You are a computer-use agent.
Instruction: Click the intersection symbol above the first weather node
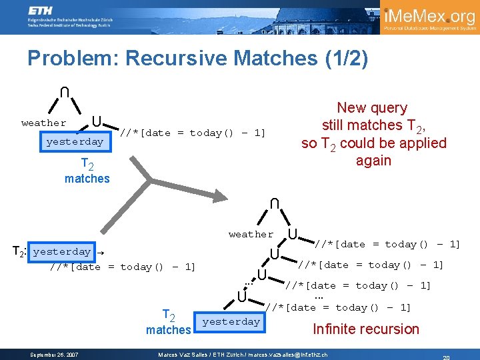[61, 91]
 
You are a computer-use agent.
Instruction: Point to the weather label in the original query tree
[44, 123]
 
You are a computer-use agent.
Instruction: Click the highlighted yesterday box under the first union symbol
[75, 142]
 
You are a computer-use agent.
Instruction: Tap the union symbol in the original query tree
[97, 122]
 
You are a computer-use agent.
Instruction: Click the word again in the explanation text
[373, 161]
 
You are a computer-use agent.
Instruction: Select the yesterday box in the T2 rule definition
[61, 252]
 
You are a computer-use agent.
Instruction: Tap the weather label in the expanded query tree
[251, 234]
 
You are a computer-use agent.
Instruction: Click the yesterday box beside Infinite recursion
[231, 322]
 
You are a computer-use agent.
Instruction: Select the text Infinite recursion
[366, 329]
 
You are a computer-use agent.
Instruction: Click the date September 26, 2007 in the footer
[55, 354]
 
